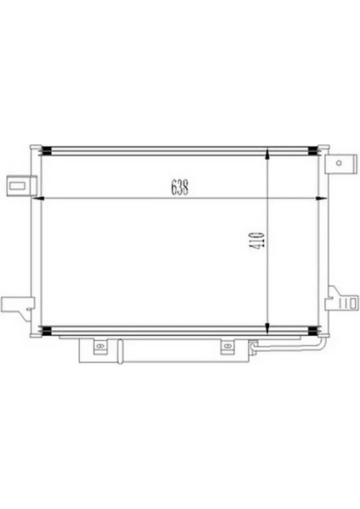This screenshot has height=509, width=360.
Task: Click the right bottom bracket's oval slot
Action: point(227,345)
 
